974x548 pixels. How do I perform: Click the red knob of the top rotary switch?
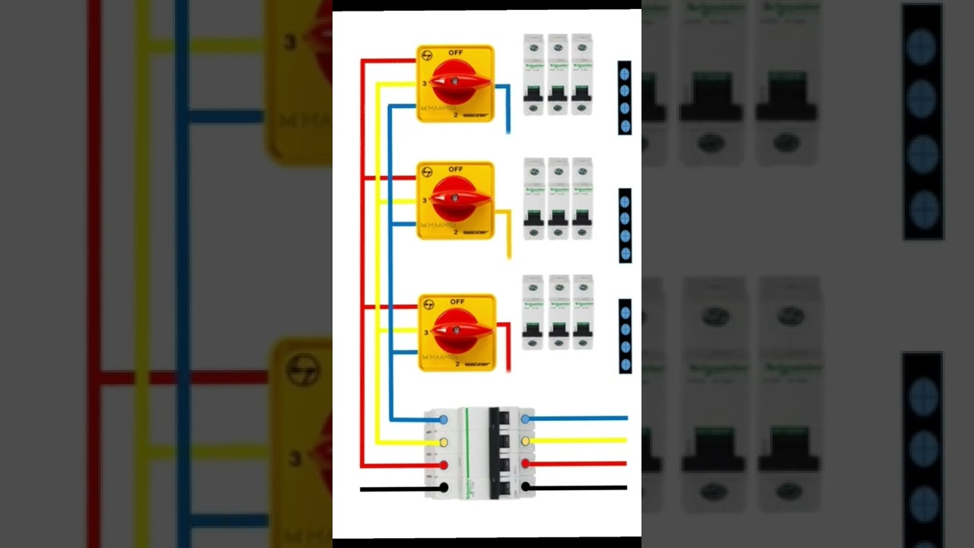click(454, 80)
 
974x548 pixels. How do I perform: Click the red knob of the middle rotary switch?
click(454, 198)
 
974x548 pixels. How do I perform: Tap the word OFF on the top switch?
click(456, 53)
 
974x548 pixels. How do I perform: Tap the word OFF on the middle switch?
click(456, 169)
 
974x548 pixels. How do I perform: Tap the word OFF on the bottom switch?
click(457, 301)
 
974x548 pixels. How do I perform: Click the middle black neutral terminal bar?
click(625, 226)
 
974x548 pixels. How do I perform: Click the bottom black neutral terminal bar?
click(625, 336)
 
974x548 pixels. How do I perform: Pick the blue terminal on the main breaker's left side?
click(444, 419)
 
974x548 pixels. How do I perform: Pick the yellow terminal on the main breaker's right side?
click(525, 441)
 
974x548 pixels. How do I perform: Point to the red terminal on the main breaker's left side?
click(444, 464)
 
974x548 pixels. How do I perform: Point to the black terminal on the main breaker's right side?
click(525, 486)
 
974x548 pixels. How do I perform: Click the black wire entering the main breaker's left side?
click(396, 488)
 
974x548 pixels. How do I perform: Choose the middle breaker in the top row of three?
click(559, 75)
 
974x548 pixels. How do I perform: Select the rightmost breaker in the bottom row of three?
click(582, 313)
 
